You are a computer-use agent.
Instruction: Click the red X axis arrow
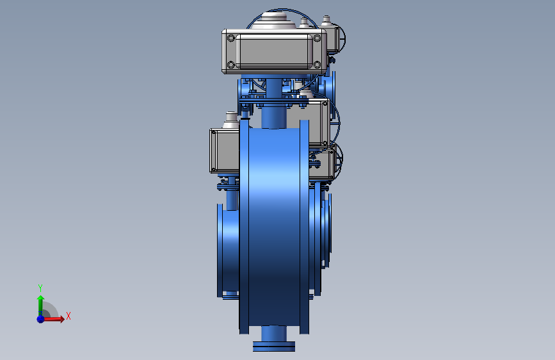pos(53,319)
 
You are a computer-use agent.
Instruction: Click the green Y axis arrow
pos(40,306)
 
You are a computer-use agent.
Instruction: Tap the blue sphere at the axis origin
pos(41,319)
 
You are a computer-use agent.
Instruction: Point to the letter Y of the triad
pos(40,288)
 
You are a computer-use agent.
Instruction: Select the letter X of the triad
pos(68,316)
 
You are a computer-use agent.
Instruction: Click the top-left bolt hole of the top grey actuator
pos(231,38)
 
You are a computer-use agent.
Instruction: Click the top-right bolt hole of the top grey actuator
pos(317,38)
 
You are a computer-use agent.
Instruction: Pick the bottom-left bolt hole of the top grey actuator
pos(231,65)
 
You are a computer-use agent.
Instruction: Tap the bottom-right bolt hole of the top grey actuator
pos(317,65)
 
